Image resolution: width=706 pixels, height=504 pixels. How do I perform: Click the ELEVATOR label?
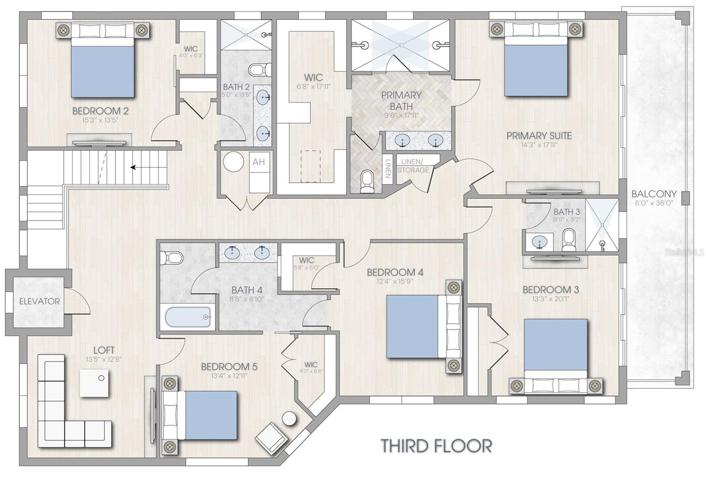[39, 301]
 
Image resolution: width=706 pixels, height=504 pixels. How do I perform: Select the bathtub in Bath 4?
[188, 317]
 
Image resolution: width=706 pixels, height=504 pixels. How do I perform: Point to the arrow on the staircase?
[133, 167]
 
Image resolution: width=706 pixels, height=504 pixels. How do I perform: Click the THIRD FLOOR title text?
[436, 446]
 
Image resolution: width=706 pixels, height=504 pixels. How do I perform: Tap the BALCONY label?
[653, 194]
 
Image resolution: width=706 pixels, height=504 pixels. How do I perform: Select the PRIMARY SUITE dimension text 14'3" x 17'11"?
[539, 145]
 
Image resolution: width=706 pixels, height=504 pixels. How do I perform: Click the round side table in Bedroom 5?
[290, 418]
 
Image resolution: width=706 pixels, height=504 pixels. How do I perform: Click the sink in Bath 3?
[539, 242]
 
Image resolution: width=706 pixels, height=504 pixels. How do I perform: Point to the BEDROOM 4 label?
[395, 272]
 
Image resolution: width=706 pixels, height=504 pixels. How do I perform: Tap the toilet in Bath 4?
[171, 257]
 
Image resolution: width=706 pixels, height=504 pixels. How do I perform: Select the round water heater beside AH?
[233, 162]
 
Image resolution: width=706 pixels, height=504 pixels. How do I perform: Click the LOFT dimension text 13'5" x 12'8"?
[104, 359]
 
